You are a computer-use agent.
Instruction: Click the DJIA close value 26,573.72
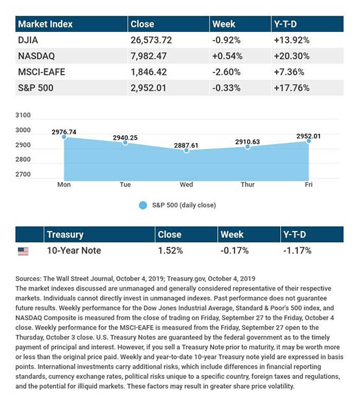click(151, 40)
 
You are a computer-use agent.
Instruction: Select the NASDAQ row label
click(36, 56)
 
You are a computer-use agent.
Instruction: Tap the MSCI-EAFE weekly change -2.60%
click(226, 72)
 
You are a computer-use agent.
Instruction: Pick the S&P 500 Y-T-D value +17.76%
click(292, 88)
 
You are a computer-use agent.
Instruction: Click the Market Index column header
click(45, 24)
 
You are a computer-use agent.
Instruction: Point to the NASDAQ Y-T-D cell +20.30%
click(292, 56)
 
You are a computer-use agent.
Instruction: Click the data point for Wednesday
click(186, 150)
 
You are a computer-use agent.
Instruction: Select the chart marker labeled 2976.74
click(64, 137)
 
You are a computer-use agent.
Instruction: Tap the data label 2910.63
click(248, 142)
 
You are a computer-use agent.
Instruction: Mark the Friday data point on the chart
click(309, 141)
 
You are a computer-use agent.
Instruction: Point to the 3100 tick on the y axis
click(23, 115)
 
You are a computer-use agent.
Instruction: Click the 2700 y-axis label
click(23, 174)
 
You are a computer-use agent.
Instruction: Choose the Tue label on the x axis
click(125, 185)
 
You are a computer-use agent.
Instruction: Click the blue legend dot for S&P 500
click(143, 205)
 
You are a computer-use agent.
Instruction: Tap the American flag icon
click(23, 251)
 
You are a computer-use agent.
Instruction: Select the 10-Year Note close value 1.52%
click(170, 250)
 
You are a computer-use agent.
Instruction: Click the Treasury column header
click(65, 235)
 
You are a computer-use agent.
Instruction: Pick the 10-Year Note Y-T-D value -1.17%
click(297, 250)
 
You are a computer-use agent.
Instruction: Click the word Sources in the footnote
click(29, 279)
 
